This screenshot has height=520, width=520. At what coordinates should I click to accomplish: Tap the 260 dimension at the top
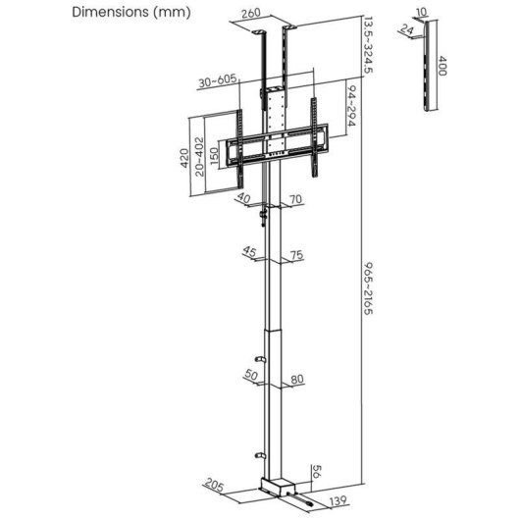click(x=250, y=14)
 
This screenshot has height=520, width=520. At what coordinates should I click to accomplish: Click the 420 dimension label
click(x=182, y=159)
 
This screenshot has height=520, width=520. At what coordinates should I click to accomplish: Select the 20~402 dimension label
click(x=200, y=157)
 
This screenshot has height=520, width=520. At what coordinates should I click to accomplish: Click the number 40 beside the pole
click(x=243, y=198)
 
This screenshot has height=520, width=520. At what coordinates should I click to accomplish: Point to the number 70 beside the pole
click(x=295, y=198)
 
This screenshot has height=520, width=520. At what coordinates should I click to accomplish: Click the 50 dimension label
click(x=250, y=376)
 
